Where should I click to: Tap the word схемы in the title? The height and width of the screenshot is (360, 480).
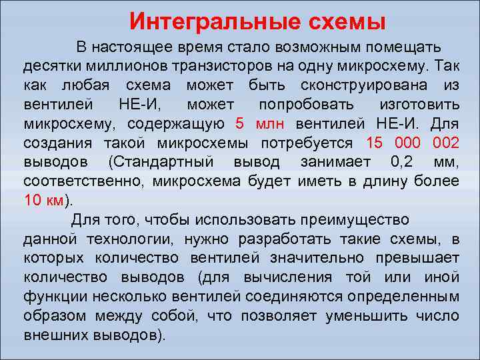(343, 21)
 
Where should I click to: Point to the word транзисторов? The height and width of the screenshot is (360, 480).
(220, 67)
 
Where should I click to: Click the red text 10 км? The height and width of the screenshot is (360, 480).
(45, 201)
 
